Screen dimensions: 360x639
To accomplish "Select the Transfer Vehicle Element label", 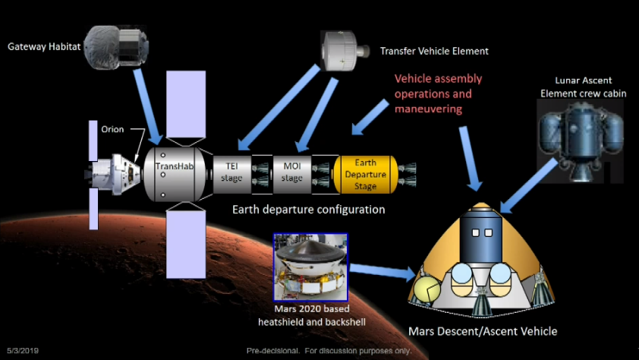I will [x=434, y=51].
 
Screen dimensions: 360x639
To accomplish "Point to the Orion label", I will [x=112, y=129].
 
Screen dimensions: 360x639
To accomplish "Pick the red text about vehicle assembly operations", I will [x=438, y=94].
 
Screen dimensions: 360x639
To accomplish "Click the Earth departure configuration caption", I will [x=308, y=209].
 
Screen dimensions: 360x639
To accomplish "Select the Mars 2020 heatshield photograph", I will [x=310, y=267].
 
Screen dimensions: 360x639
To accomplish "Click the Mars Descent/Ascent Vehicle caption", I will [x=483, y=331].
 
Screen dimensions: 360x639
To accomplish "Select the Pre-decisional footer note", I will [x=329, y=351].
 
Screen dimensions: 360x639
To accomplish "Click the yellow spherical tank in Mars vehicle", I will [x=426, y=289].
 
